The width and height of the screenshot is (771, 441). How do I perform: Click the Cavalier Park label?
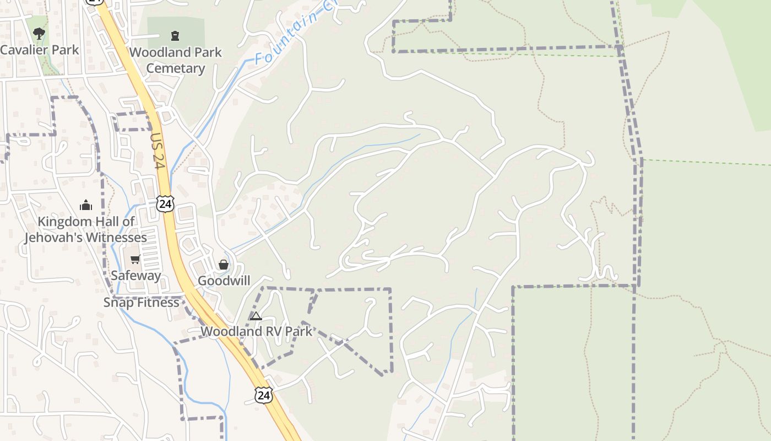pos(40,50)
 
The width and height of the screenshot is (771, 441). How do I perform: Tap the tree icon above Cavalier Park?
pos(39,34)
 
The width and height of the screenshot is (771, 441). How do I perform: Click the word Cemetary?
pos(176,68)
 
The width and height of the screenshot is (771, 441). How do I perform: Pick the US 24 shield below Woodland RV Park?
pos(263,394)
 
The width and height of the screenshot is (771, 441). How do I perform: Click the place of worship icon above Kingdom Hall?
pos(85,206)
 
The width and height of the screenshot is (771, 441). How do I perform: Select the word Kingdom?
pos(59,222)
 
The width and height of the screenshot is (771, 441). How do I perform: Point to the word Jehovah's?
pos(58,238)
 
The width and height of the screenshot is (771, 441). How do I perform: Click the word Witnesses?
pos(120,238)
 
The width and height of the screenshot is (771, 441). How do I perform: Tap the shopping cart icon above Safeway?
pos(135,259)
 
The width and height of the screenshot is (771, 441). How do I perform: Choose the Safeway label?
pos(136,275)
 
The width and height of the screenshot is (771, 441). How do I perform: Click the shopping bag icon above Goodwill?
pos(224,265)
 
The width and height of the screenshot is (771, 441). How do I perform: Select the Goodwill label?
pos(224,281)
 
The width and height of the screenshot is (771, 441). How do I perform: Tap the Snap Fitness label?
pos(142,302)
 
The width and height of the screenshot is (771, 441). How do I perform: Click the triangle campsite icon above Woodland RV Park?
pos(256,316)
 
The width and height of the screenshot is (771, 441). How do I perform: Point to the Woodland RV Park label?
pos(256,331)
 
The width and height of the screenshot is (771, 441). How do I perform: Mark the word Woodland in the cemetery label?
pos(156,52)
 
